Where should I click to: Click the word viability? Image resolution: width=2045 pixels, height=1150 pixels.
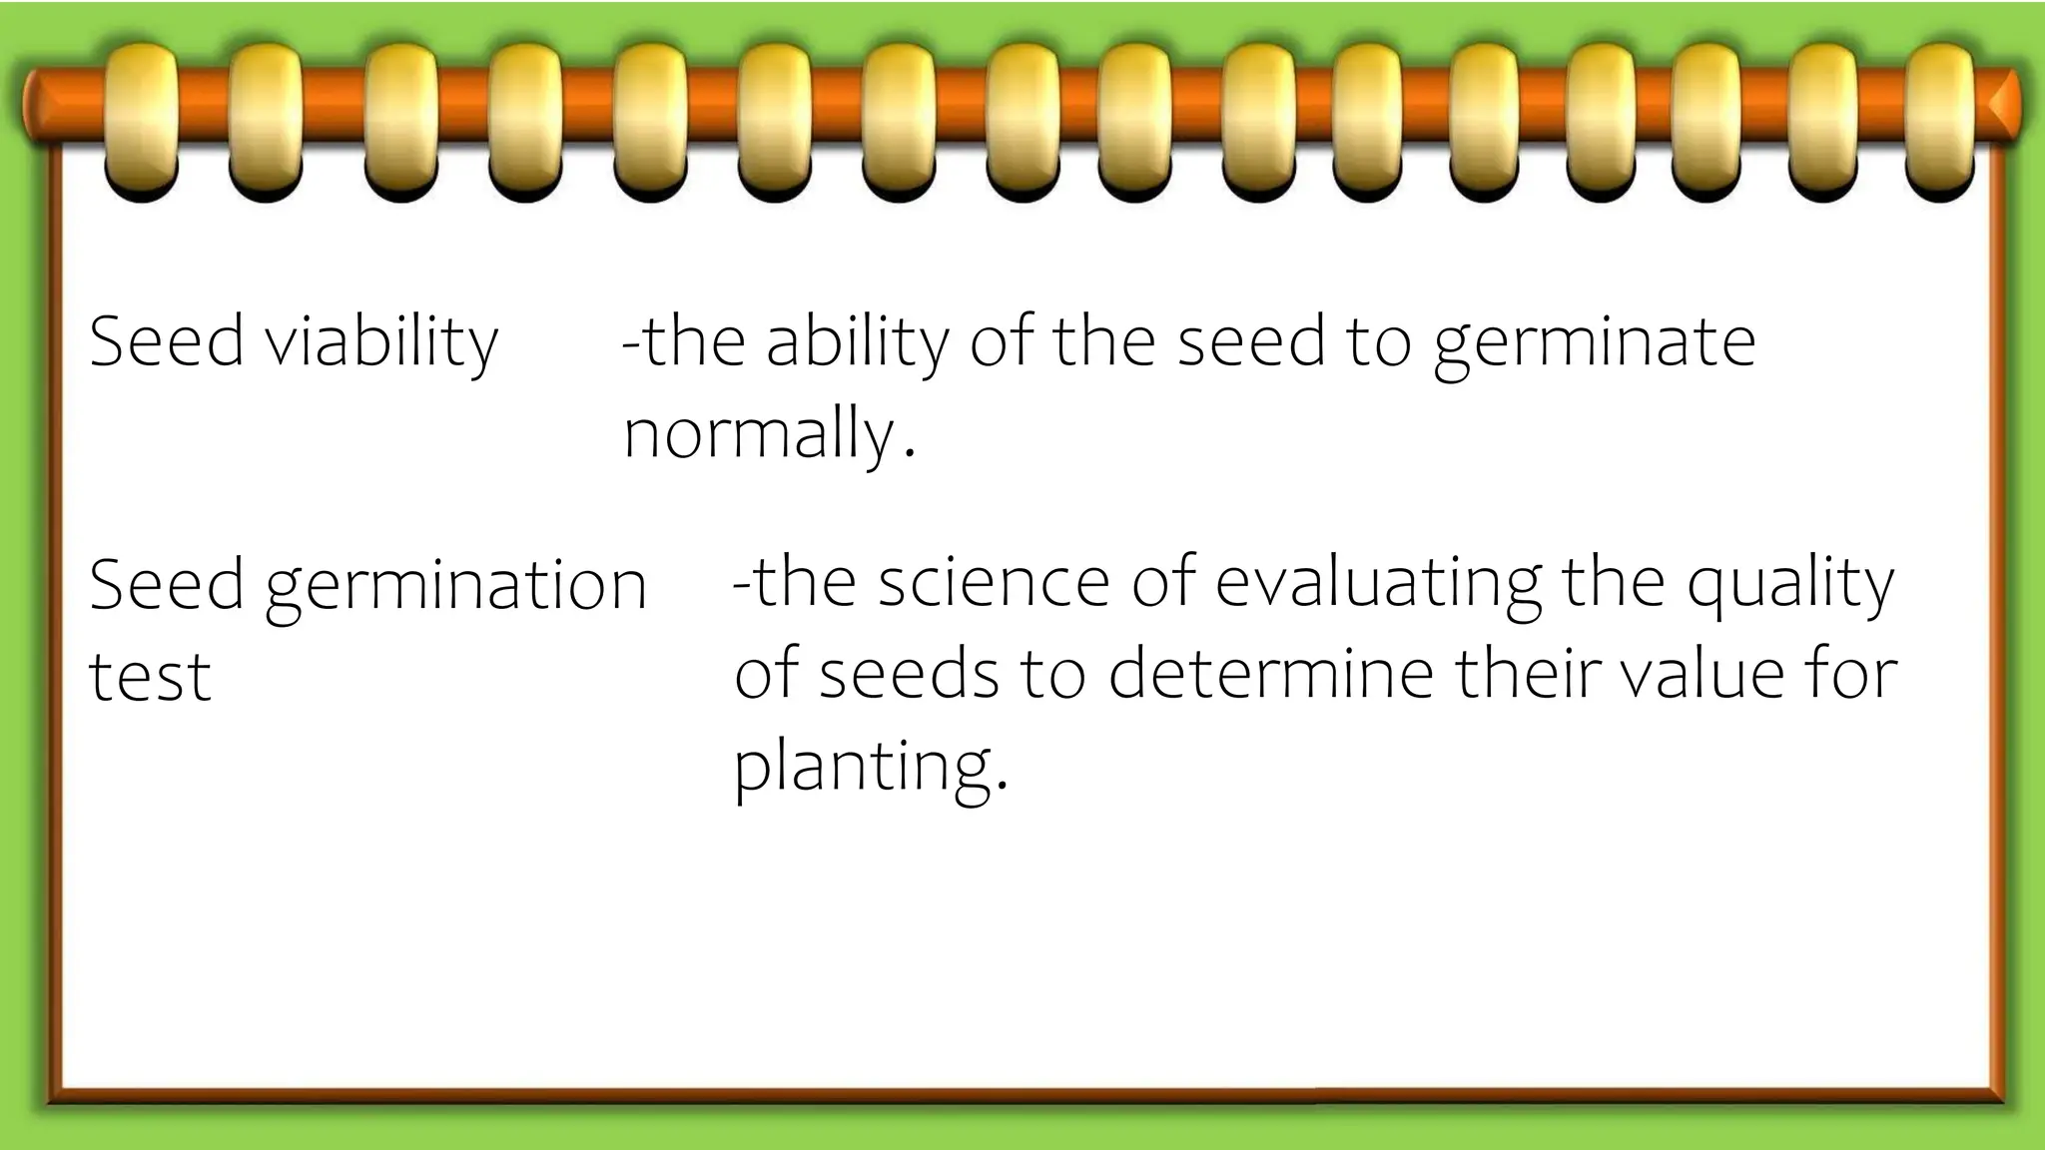point(380,342)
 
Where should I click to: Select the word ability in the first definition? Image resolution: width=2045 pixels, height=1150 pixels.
point(858,342)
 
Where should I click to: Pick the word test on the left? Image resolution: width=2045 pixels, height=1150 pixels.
point(150,677)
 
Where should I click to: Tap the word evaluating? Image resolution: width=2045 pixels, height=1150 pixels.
point(1378,585)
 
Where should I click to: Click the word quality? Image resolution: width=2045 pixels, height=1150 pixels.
point(1789,585)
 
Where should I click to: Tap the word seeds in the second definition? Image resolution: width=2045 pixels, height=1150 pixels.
point(909,674)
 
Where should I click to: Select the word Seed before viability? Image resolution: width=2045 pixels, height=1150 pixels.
point(167,342)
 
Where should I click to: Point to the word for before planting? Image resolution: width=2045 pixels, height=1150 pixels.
point(1857,674)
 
